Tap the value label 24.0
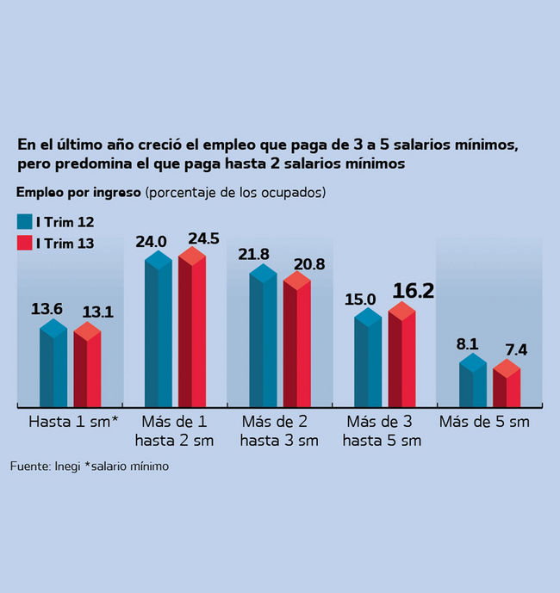(151, 242)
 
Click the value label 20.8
(308, 264)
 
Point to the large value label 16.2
(413, 291)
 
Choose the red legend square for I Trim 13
(24, 243)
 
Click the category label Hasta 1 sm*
(73, 423)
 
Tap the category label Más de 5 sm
(484, 423)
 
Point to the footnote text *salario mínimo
(127, 466)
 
